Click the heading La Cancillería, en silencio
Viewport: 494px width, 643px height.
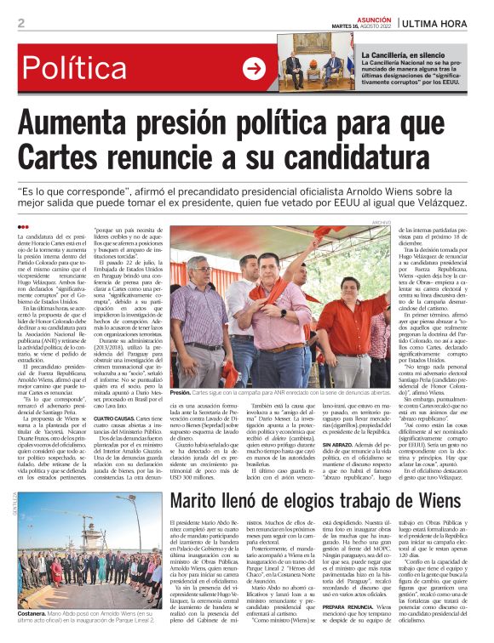407,55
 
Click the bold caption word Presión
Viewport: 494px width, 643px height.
181,393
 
